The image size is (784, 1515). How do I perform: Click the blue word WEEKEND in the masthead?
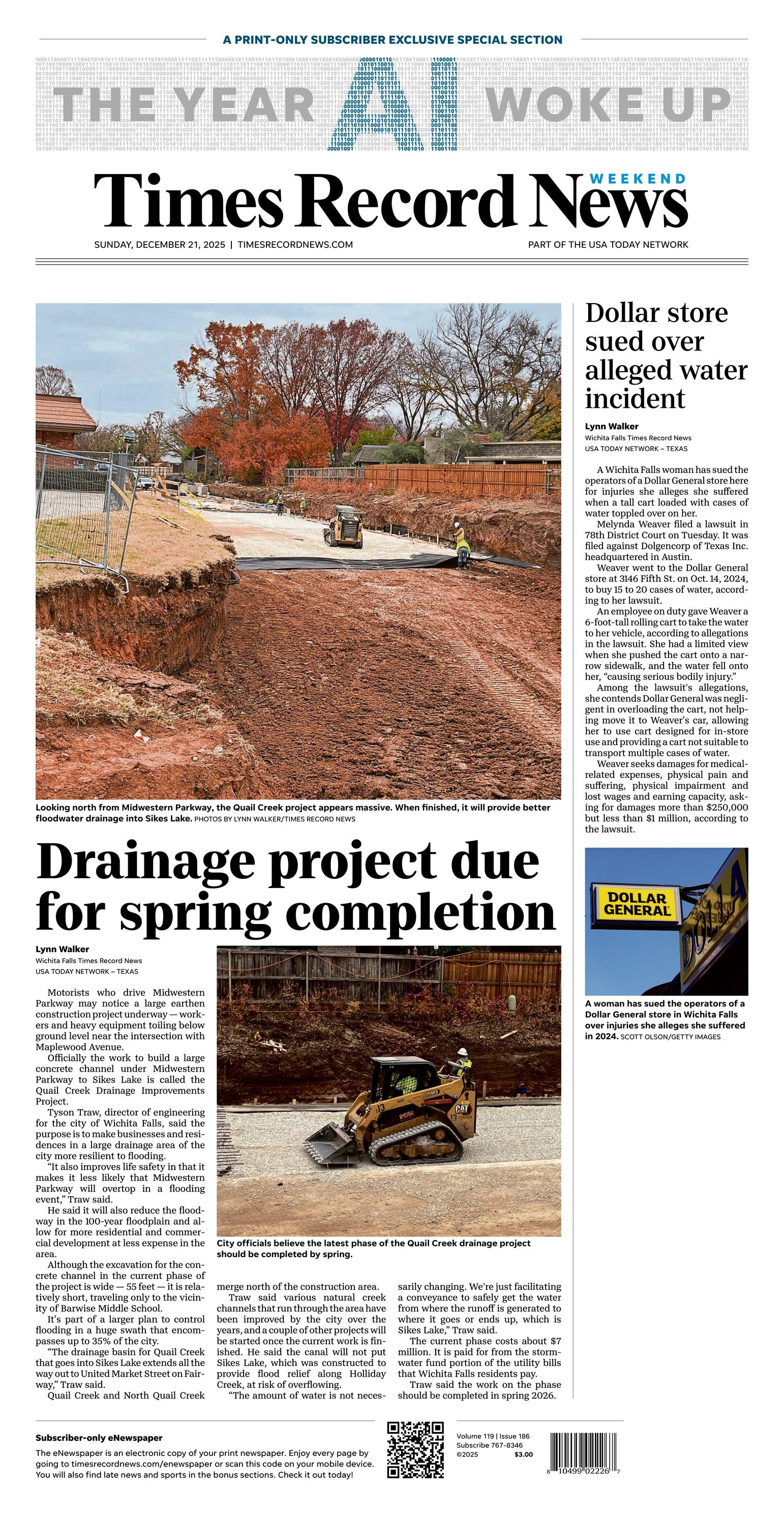pyautogui.click(x=638, y=179)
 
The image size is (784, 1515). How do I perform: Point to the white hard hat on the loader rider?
pyautogui.click(x=464, y=1051)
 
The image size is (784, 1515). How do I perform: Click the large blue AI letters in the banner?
pyautogui.click(x=393, y=105)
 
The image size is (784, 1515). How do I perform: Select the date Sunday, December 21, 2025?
pyautogui.click(x=159, y=245)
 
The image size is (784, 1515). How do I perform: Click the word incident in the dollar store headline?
pyautogui.click(x=635, y=399)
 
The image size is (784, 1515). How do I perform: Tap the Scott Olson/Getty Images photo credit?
pyautogui.click(x=670, y=1037)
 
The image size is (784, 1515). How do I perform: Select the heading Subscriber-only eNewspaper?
pyautogui.click(x=99, y=1437)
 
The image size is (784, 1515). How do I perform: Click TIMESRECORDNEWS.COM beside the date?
pyautogui.click(x=295, y=245)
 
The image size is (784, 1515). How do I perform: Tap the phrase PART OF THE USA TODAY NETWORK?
pyautogui.click(x=608, y=245)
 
